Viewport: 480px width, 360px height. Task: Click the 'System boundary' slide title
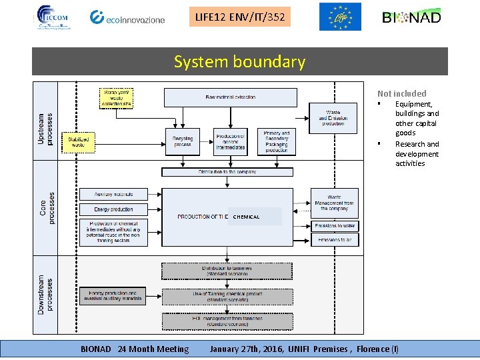pos(239,62)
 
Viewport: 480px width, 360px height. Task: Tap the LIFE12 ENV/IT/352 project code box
pos(240,17)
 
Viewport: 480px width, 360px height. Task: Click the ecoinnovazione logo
pos(127,17)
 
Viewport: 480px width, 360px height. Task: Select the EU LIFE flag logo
pos(339,17)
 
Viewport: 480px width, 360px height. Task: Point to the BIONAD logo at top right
pos(411,17)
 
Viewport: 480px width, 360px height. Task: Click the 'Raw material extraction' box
pos(230,97)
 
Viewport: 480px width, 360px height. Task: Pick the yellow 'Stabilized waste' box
pos(78,141)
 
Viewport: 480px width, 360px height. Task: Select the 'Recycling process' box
pos(182,142)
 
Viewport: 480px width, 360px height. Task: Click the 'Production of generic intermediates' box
pos(230,142)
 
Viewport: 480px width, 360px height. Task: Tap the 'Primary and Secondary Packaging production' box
pos(276,141)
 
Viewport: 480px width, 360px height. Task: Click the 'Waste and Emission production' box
pos(333,118)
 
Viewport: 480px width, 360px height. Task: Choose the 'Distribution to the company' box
pos(227,172)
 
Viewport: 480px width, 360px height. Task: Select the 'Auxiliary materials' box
pos(113,195)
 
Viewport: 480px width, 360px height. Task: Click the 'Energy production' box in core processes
pos(113,209)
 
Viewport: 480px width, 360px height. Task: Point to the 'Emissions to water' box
pos(334,226)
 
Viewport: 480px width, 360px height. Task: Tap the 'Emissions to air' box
pos(334,240)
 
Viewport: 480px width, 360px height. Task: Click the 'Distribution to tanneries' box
pos(227,271)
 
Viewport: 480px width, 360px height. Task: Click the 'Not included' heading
pos(401,94)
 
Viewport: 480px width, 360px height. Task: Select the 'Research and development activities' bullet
pos(417,154)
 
